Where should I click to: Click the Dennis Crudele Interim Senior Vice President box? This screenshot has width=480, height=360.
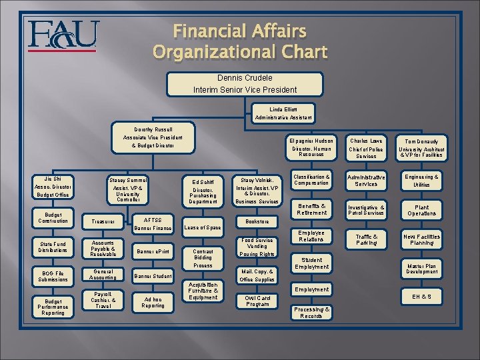(x=245, y=83)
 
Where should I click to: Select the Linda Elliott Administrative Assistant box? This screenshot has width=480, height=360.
(x=283, y=113)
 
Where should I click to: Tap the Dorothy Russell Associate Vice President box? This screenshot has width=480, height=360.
(x=153, y=137)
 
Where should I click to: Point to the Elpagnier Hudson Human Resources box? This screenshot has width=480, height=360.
(x=312, y=148)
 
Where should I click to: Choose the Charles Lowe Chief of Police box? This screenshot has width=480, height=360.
(x=366, y=148)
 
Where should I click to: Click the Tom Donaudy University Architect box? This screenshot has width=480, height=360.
(x=421, y=148)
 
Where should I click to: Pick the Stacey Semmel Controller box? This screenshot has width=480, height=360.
(x=128, y=189)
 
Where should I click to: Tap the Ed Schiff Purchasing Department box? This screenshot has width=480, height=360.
(x=203, y=190)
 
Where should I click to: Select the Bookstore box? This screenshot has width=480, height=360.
(x=257, y=221)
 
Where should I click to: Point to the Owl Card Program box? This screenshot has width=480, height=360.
(x=257, y=301)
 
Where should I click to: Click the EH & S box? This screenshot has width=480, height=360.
(x=421, y=296)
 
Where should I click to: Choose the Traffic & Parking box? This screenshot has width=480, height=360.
(x=366, y=239)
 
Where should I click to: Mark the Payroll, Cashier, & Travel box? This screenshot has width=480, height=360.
(x=103, y=301)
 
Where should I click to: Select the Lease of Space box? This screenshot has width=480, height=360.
(x=203, y=228)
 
